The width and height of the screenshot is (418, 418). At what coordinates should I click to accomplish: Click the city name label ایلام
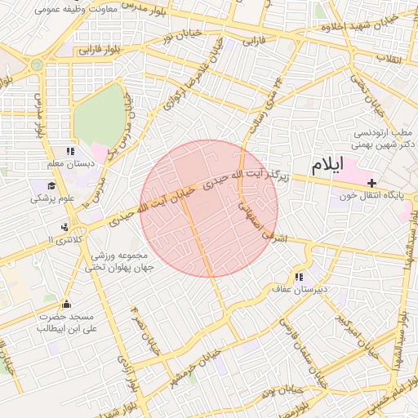tap(327, 163)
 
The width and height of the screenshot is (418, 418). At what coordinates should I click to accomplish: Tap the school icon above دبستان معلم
tap(70, 152)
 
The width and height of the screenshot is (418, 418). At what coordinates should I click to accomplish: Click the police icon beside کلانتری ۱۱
tap(64, 227)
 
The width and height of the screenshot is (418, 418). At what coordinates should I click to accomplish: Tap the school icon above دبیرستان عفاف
tap(309, 276)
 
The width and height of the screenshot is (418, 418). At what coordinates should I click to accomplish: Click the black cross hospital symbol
tap(372, 182)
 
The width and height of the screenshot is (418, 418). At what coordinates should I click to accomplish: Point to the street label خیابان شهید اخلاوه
tap(359, 27)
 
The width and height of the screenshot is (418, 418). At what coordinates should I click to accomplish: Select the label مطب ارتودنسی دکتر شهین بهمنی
tap(385, 138)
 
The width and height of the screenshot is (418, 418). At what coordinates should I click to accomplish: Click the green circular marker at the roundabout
tap(35, 64)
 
